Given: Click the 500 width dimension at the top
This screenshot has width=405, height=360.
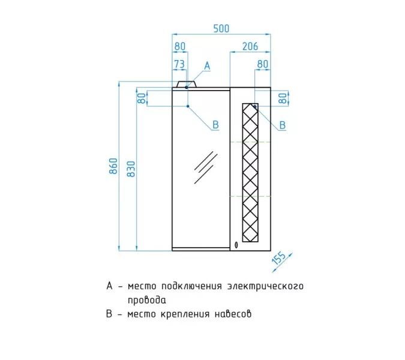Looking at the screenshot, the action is tap(221, 28).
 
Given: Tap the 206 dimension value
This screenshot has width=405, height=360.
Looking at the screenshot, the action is tap(250, 46).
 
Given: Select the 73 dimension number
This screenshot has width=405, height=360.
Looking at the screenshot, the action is tap(179, 64).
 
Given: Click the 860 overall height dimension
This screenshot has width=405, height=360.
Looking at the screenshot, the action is tap(113, 166).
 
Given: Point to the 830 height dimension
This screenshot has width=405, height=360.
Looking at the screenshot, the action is tap(131, 169).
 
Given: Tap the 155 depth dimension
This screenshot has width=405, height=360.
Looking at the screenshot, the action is tap(279, 258).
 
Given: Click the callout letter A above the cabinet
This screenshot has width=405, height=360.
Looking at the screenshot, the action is tap(207, 66).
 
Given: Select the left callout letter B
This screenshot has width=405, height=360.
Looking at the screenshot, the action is tap(215, 125).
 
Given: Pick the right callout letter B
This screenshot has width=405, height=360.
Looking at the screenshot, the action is tap(283, 125).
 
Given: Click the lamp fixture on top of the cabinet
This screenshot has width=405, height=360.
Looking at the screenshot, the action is tap(187, 84).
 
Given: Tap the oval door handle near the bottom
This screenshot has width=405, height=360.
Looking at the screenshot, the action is tap(236, 245).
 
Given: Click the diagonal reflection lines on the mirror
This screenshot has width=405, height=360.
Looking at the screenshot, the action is tap(206, 167).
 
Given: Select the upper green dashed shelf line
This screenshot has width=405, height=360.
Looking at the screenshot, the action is tap(250, 142).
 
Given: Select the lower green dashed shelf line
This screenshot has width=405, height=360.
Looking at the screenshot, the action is tap(250, 196).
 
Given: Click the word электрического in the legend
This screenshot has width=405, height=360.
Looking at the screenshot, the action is tap(266, 286).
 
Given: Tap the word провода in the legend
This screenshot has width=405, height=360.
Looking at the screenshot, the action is tap(147, 301).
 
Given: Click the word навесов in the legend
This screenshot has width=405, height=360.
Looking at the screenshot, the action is tap(233, 314).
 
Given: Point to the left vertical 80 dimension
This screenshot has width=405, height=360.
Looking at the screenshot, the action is tap(142, 98).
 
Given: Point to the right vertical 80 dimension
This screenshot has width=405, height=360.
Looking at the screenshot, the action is tap(283, 98).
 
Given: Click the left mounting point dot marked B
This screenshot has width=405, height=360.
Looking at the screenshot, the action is tap(188, 106).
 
